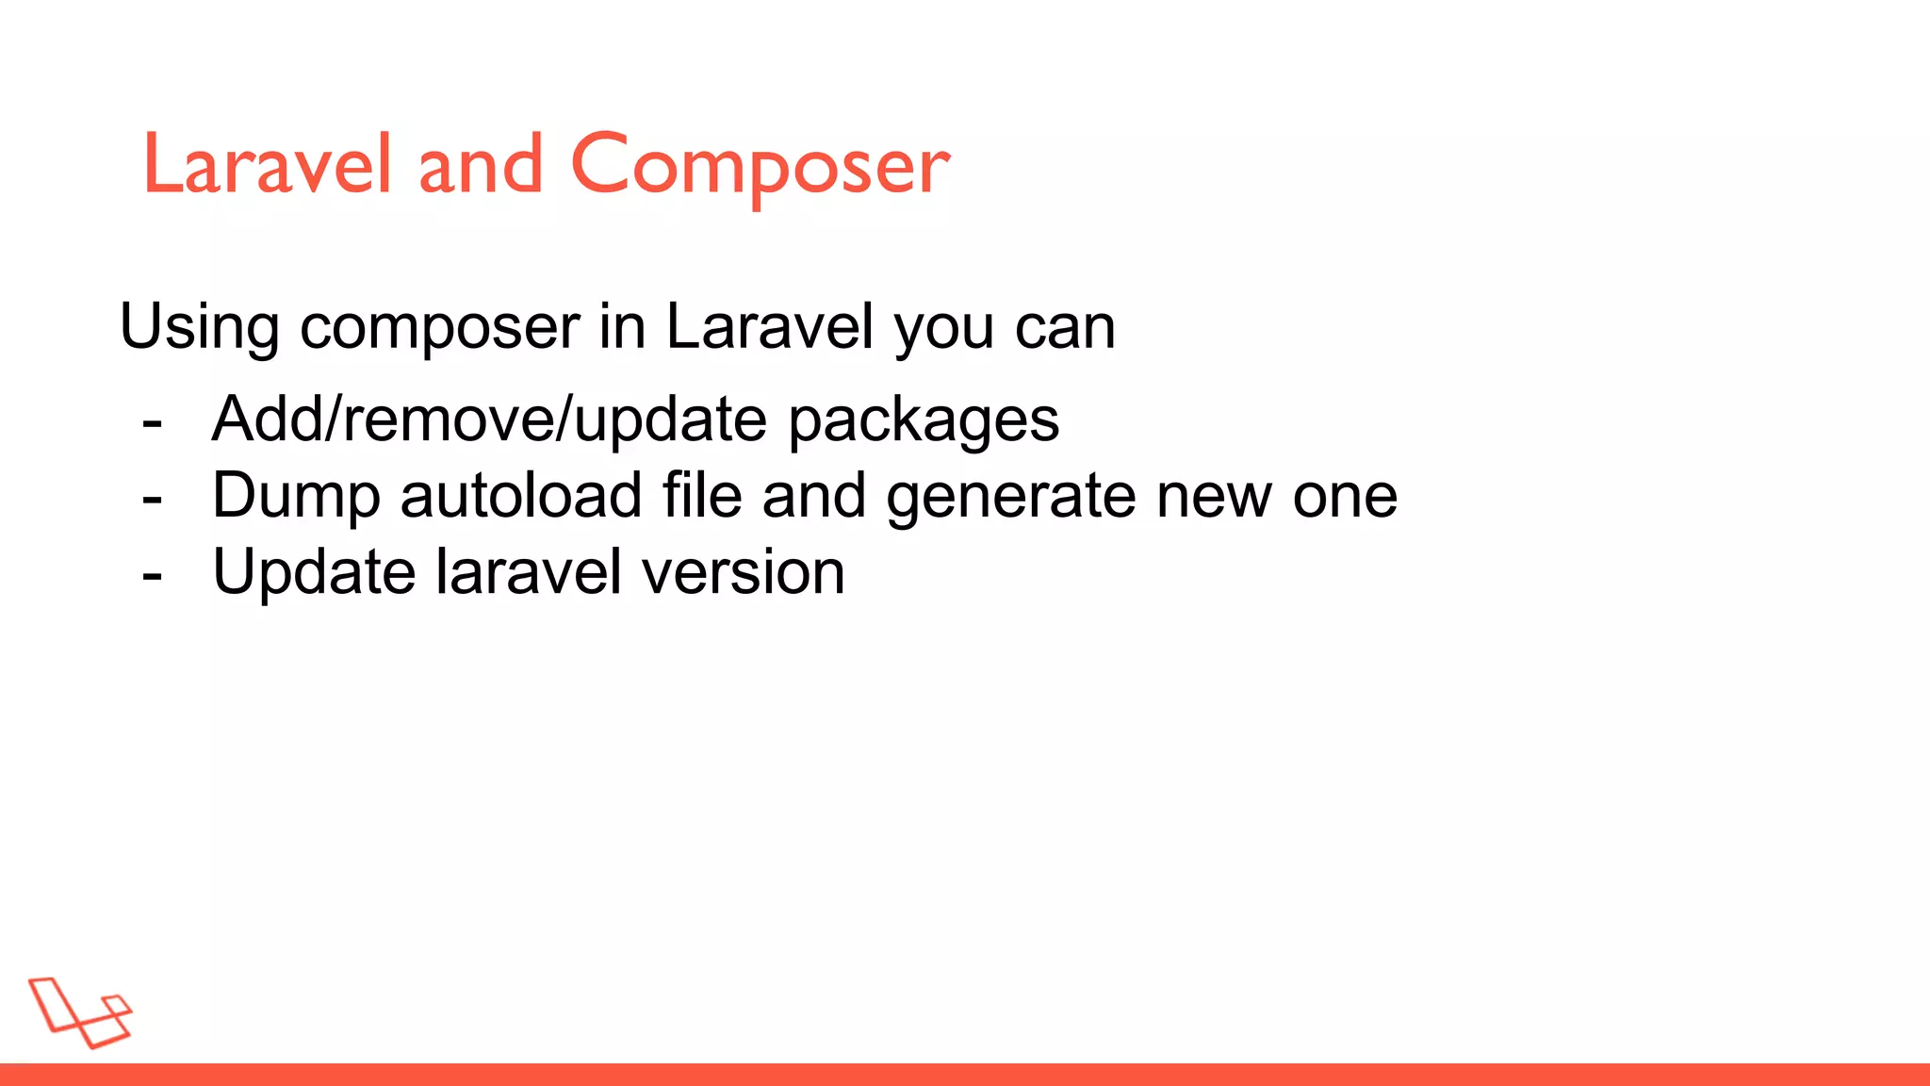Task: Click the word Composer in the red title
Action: coord(760,166)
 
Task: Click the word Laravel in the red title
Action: coord(267,166)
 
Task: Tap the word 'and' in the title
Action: coord(481,166)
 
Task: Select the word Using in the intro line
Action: coord(199,327)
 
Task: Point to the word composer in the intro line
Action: coord(439,327)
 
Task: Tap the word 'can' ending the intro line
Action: coord(1065,327)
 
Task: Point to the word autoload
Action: coord(521,496)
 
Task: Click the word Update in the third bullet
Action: coord(314,573)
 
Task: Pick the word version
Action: coord(744,573)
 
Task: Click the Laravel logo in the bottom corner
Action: coord(80,1012)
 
